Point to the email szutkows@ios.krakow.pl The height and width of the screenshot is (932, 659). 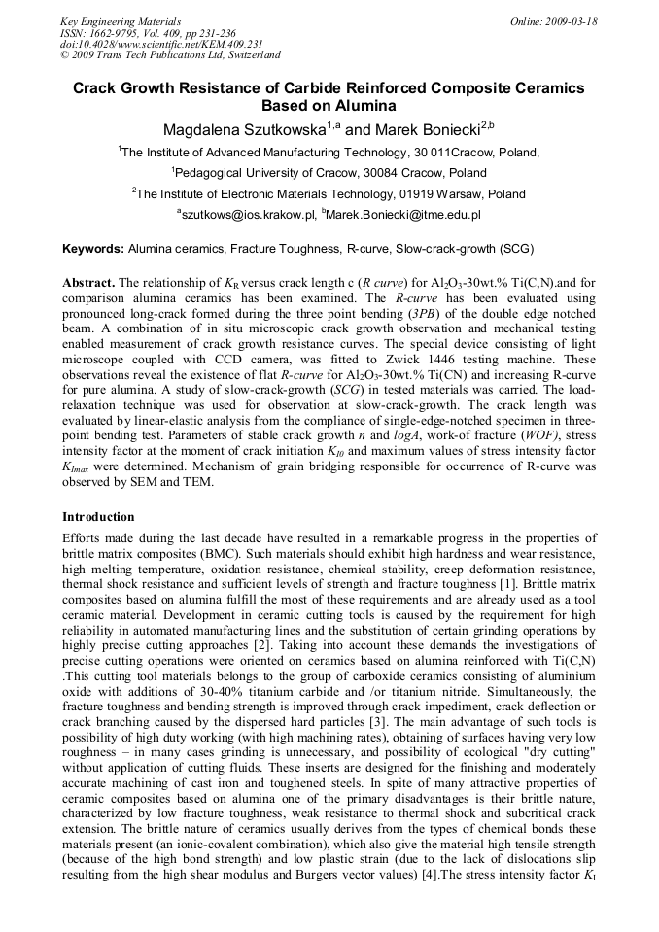coord(247,214)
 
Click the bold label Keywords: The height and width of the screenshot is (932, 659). coord(92,249)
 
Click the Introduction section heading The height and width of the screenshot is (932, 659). coord(98,516)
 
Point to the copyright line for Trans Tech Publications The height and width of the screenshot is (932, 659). coord(169,56)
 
